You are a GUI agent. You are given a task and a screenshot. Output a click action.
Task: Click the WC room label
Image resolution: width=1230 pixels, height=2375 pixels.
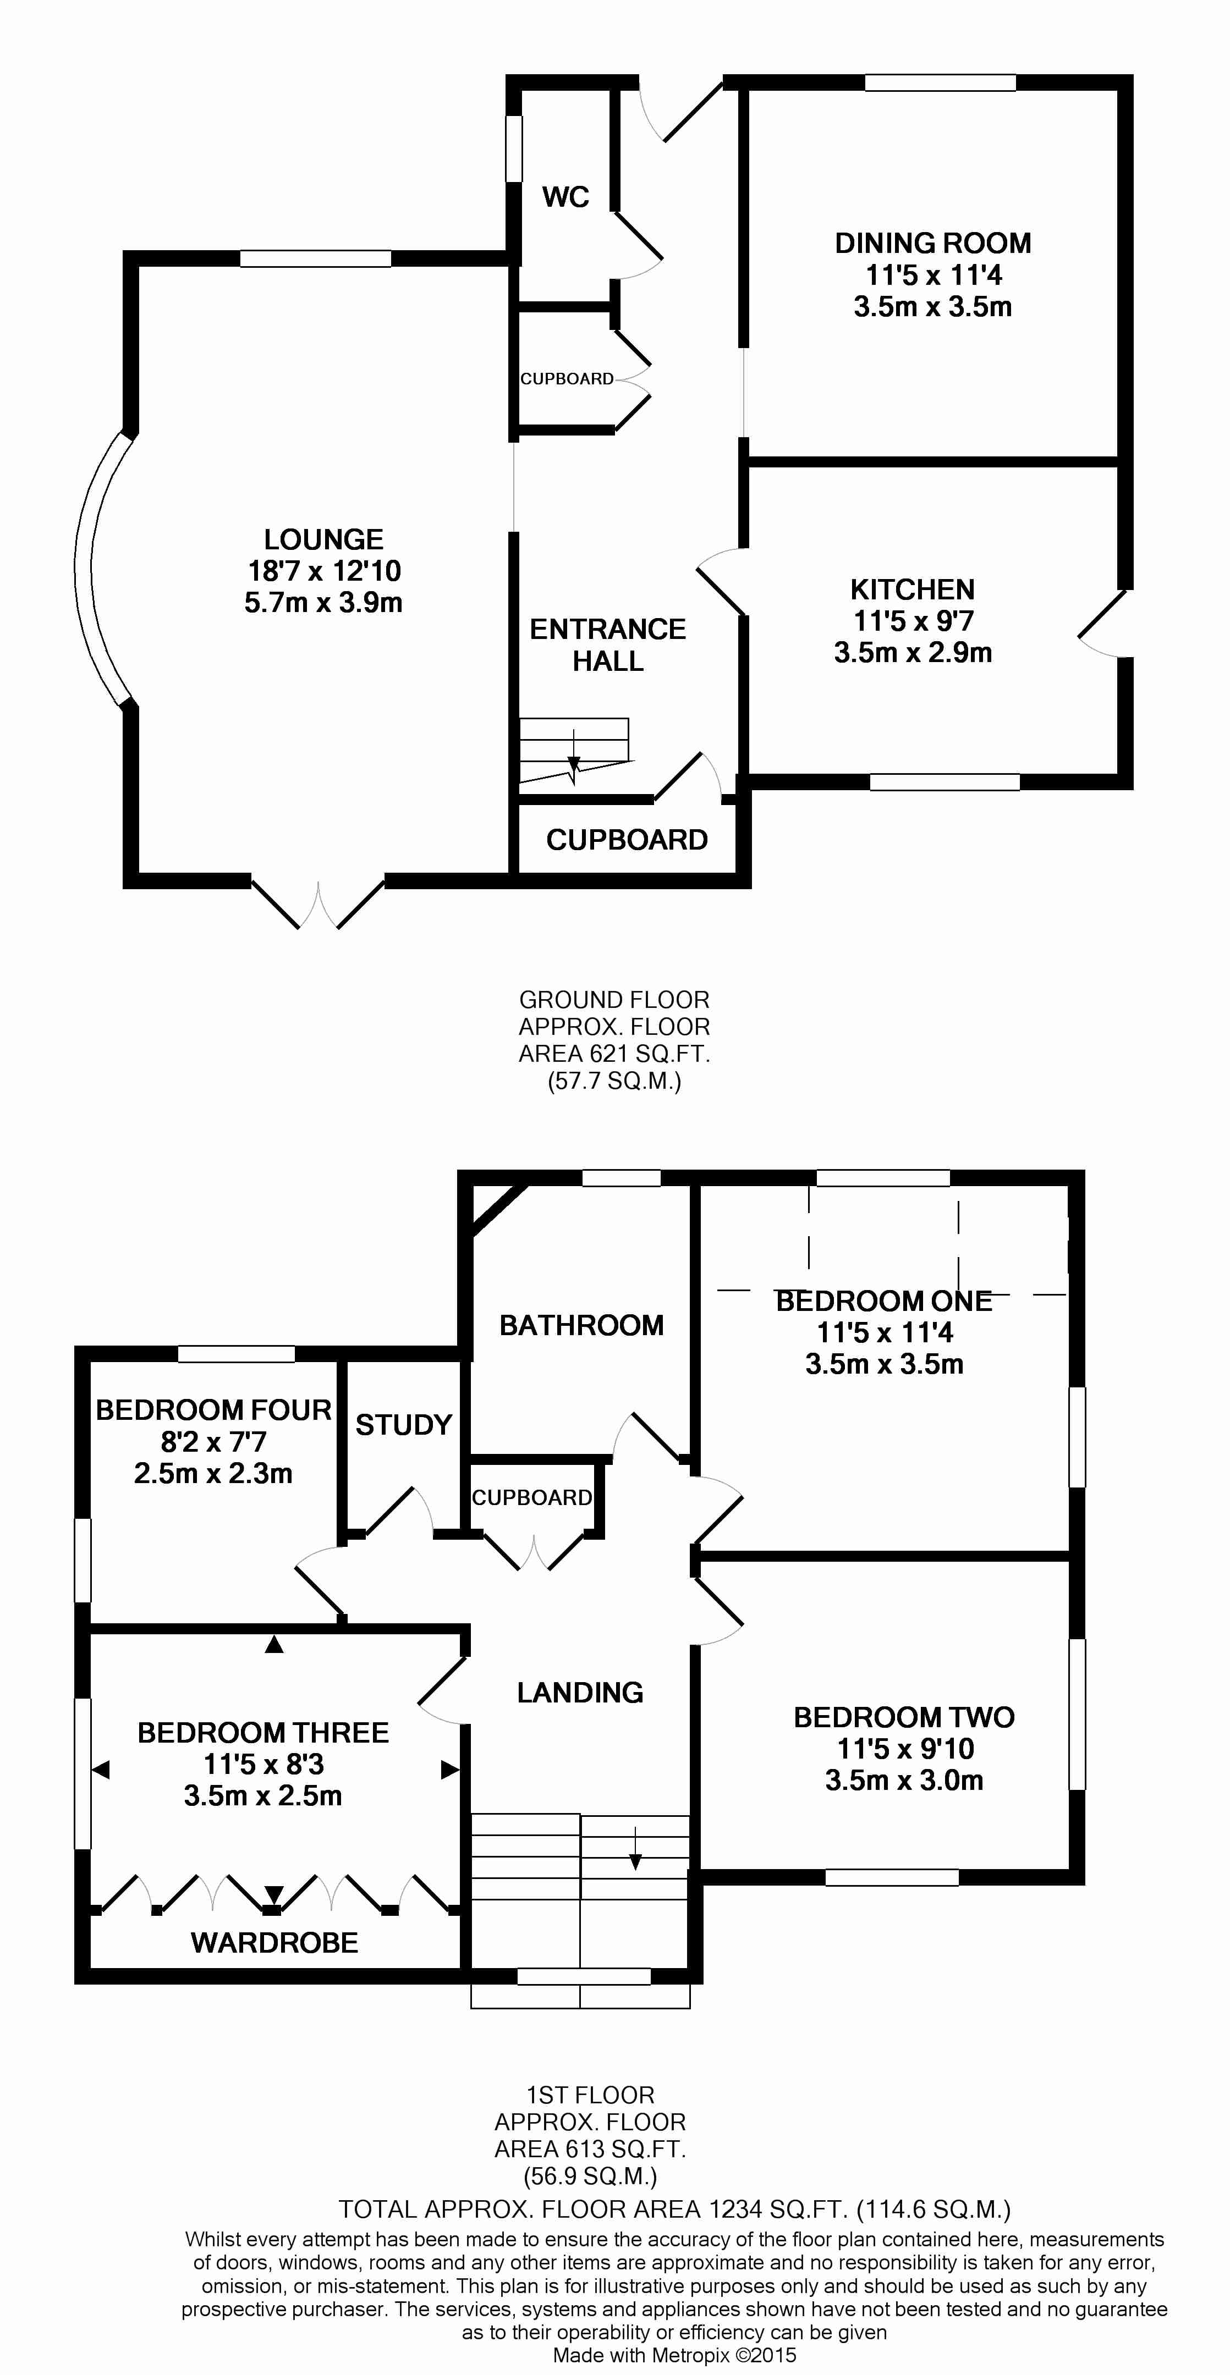point(565,196)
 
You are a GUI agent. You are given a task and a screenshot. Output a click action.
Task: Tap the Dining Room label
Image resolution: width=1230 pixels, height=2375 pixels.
point(932,244)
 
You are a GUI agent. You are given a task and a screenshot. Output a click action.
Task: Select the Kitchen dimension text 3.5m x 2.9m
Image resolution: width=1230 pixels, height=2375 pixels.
point(913,653)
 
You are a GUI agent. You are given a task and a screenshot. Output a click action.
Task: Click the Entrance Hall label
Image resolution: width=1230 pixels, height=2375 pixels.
point(608,644)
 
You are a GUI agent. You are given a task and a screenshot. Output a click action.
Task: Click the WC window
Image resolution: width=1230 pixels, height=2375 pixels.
point(514,147)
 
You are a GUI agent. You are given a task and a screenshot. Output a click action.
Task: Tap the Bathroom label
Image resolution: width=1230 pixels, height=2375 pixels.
point(581,1325)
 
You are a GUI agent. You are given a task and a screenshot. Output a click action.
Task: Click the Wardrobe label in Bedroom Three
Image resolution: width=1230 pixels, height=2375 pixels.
point(274,1943)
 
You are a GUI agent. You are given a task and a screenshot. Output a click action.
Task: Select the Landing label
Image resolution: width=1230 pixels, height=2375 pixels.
point(580,1692)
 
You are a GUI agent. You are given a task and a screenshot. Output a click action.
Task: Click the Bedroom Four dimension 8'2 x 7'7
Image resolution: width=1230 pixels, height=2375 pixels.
point(213,1441)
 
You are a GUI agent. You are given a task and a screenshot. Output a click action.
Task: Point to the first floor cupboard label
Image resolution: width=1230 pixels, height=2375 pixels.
point(532,1497)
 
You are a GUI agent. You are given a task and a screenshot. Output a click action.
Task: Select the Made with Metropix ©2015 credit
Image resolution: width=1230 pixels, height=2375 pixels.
point(674,2356)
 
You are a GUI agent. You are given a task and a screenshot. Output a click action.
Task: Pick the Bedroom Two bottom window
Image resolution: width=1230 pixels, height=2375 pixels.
point(892,1877)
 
